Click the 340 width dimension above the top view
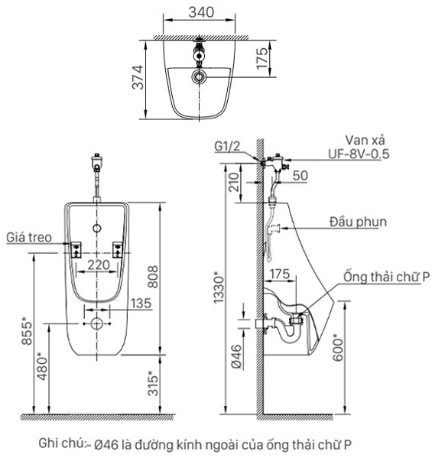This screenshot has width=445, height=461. point(201,12)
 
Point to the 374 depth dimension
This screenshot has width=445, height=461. point(138,77)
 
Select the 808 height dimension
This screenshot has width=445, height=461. point(153,277)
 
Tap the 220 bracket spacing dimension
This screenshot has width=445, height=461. point(99,265)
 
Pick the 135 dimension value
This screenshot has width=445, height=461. point(141,303)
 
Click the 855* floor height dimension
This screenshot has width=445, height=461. point(27,330)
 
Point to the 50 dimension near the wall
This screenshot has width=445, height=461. point(300,176)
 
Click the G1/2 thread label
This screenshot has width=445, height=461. point(227,146)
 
